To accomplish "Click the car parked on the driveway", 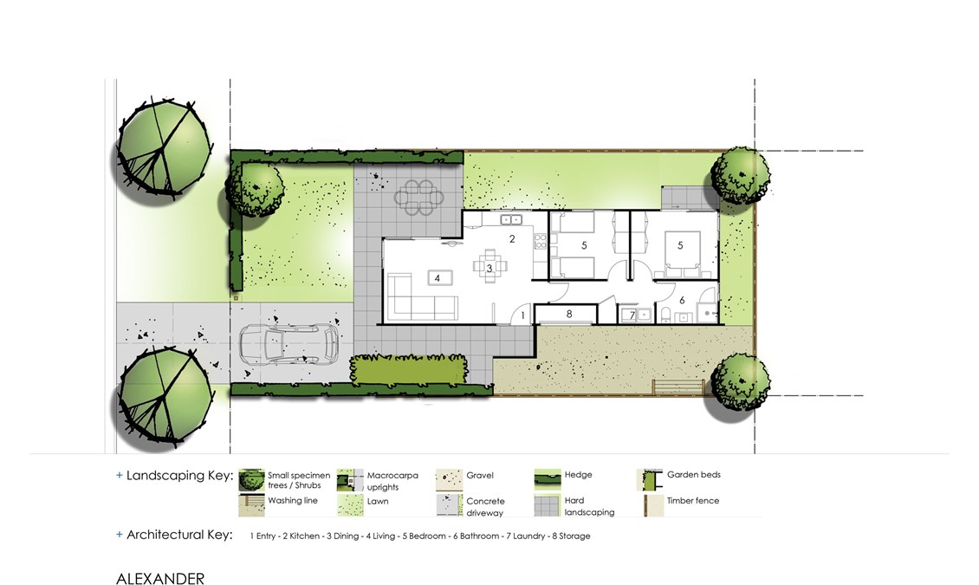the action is pos(289,344).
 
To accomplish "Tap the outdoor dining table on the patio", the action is pos(418,198).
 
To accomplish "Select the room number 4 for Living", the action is pos(437,278).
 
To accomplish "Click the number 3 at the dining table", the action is pos(489,269).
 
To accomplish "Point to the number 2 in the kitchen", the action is pos(512,238).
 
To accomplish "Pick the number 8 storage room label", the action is pos(569,314).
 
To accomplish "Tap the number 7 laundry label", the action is pos(632,315).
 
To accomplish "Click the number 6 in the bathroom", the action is pos(682,301).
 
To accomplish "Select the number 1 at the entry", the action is pos(522,316).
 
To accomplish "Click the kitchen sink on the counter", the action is pos(511,219).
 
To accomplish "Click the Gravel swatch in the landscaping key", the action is pos(449,479).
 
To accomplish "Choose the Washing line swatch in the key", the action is pos(251,505).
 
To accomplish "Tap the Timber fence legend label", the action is pos(692,500).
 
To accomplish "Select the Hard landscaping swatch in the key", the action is pos(547,505).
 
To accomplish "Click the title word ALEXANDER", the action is pos(159,579).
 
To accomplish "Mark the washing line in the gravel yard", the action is pos(678,387).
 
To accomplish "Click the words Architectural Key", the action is pos(179,535).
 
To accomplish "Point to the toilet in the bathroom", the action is pos(665,314).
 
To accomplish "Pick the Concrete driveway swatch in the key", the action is pos(449,505).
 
